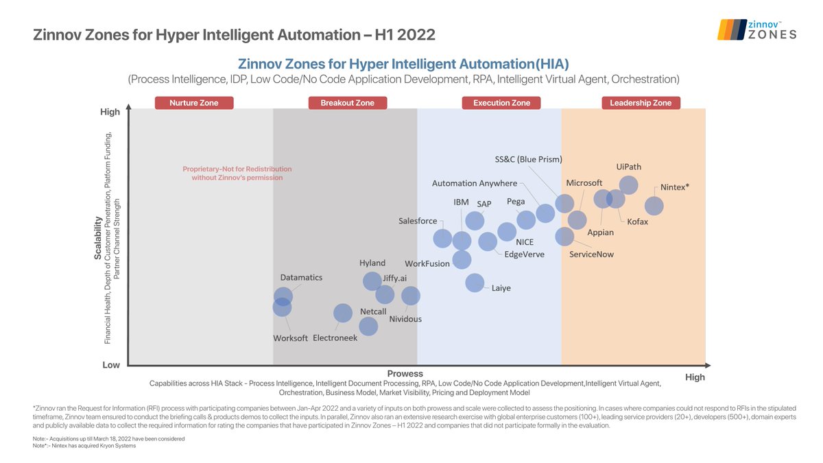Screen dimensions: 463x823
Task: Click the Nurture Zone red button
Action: [194, 103]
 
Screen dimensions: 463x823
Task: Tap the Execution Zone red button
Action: [501, 103]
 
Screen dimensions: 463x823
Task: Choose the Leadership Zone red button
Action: [641, 103]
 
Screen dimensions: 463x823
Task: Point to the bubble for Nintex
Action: [654, 206]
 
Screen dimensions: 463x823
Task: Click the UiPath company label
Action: [629, 167]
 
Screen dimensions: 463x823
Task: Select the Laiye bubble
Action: [474, 283]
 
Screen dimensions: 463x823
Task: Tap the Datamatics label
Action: [301, 278]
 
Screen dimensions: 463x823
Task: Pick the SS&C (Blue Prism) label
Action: [528, 160]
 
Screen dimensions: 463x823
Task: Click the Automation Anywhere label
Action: [475, 183]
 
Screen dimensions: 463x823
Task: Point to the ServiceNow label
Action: [592, 254]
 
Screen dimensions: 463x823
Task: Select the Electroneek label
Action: [335, 338]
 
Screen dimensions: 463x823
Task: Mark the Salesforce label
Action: [418, 221]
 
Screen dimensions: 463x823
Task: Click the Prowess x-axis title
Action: [405, 373]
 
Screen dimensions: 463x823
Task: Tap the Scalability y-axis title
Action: [97, 238]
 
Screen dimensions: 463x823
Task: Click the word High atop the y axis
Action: [110, 112]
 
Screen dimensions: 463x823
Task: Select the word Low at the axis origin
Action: [111, 365]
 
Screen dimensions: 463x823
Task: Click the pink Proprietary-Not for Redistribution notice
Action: [237, 174]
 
